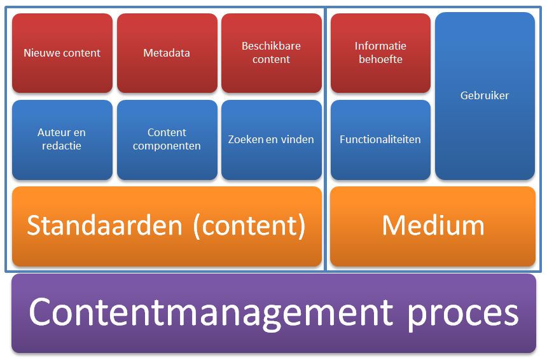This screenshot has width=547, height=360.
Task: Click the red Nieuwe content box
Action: coord(62,53)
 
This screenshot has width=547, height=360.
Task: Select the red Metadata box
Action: coord(167,53)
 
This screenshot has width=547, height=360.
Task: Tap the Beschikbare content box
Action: coord(271,53)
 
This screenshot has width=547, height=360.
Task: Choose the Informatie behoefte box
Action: coord(380,53)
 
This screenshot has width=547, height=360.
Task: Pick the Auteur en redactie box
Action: coord(62,139)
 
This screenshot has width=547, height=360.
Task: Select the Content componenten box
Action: coord(167,139)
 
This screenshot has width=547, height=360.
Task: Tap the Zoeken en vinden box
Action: coord(271,139)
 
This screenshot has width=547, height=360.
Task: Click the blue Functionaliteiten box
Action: coord(380,139)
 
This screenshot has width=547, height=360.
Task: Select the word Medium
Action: coord(433,226)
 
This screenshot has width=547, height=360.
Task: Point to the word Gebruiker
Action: coord(485,95)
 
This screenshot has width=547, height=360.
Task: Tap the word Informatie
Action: coord(380,46)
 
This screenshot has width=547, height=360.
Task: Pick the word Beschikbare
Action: coord(271,46)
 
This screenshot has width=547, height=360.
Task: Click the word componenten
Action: coord(167,146)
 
